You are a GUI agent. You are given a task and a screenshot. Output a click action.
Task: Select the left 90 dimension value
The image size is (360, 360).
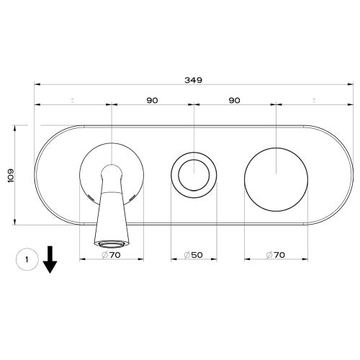pyautogui.click(x=152, y=100)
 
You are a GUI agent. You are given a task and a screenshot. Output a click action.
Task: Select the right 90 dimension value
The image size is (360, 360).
pyautogui.click(x=234, y=100)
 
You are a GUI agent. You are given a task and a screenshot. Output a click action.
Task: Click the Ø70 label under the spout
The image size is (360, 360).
pyautogui.click(x=111, y=255)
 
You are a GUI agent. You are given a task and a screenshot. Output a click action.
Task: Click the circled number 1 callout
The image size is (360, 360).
pyautogui.click(x=25, y=258)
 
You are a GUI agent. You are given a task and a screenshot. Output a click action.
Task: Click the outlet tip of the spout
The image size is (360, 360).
pyautogui.click(x=110, y=243)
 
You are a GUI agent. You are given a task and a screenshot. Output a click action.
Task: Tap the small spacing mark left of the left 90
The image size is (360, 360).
pyautogui.click(x=73, y=100)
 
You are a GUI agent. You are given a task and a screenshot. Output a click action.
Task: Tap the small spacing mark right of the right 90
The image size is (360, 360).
pyautogui.click(x=315, y=100)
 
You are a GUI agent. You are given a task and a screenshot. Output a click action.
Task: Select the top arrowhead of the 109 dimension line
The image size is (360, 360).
pyautogui.click(x=17, y=127)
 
